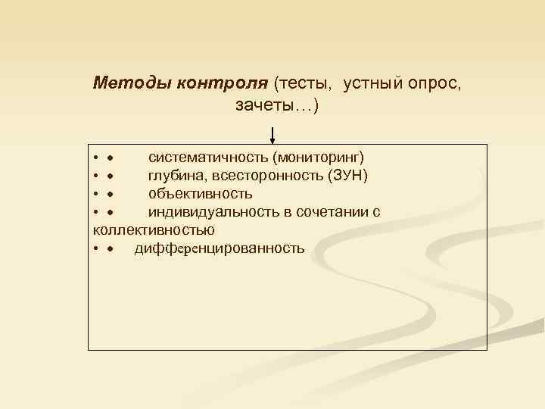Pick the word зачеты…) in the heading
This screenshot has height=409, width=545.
click(277, 105)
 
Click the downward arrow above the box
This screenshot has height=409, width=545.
click(272, 136)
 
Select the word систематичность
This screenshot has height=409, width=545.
click(208, 158)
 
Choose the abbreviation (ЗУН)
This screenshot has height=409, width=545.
click(349, 176)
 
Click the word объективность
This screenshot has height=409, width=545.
click(201, 194)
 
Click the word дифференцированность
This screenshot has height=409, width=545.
click(220, 248)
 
